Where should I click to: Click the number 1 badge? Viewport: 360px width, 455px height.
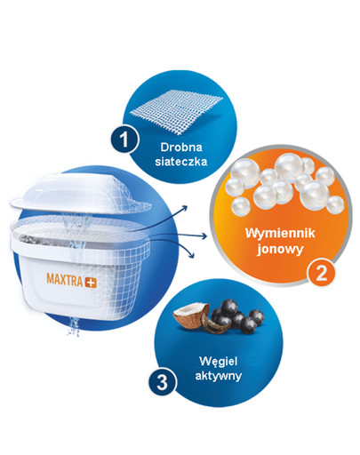[x=126, y=140]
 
